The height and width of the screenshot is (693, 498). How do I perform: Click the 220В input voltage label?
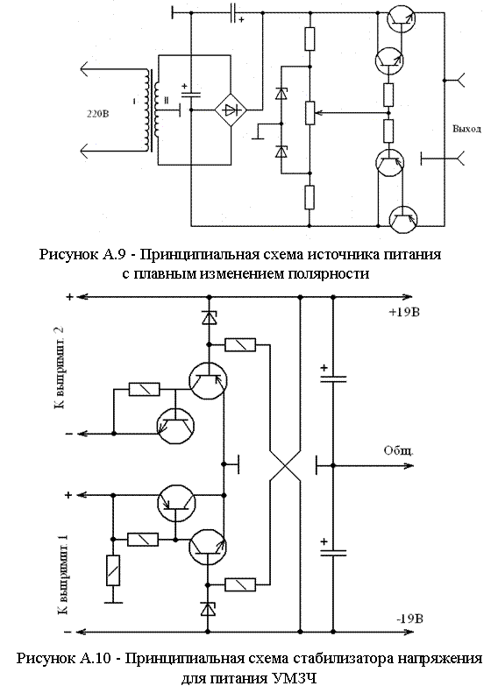coord(97,114)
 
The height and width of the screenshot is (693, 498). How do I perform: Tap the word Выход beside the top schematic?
coord(466,130)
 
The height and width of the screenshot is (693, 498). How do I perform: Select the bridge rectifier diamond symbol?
coord(231,110)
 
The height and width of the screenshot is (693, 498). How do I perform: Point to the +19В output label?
coord(404,313)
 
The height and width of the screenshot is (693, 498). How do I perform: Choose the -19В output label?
coord(410,619)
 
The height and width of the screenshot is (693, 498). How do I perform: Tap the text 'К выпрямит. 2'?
coord(60,368)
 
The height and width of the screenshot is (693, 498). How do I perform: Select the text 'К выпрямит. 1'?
coord(62,575)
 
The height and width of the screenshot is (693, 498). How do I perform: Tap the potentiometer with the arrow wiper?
coord(310,113)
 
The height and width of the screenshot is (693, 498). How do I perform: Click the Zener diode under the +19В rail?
coord(209,317)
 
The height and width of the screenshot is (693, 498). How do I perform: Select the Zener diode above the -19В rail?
coord(208,609)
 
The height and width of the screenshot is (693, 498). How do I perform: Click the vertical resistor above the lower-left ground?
coord(113,570)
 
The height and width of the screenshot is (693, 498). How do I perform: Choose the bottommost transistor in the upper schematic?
coord(403,220)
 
